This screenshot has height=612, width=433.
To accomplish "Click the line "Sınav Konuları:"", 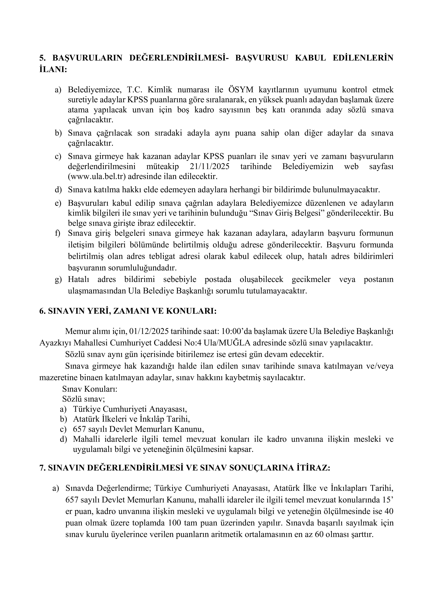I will (90, 389).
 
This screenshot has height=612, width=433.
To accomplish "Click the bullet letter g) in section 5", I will (58, 280).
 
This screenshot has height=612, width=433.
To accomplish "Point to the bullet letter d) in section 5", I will (58, 190).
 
